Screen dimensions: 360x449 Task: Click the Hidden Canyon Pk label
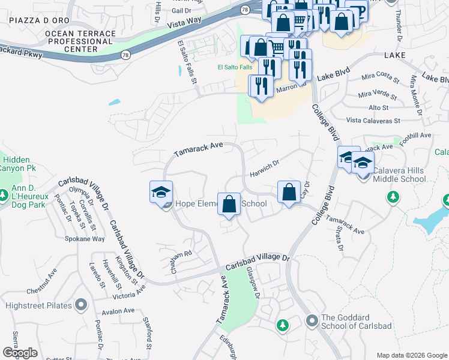[18, 164]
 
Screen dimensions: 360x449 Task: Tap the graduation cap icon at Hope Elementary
[161, 192]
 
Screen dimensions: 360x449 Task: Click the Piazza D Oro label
[35, 20]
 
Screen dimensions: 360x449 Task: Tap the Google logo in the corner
[20, 353]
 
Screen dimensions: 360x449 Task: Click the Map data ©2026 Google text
[411, 355]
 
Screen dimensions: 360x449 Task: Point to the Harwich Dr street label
[264, 164]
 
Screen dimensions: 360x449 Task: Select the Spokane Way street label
[85, 239]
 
